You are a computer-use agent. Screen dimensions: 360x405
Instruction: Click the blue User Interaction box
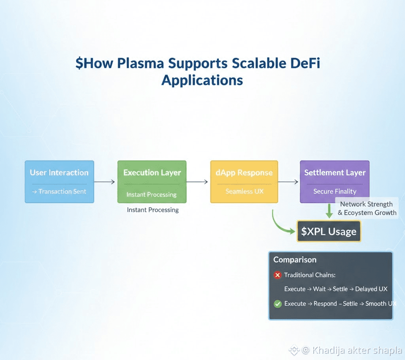click(59, 181)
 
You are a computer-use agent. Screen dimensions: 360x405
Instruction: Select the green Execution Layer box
click(152, 181)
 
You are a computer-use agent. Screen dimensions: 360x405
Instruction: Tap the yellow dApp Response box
click(244, 181)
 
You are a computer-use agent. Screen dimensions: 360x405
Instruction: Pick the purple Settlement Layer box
click(335, 181)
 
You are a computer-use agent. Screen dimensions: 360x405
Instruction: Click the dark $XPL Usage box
click(329, 232)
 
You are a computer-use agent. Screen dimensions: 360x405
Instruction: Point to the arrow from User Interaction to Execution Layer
click(105, 182)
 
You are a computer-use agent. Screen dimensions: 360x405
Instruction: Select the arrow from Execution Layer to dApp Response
click(197, 182)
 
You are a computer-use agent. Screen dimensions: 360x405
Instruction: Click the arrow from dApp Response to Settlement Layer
click(289, 182)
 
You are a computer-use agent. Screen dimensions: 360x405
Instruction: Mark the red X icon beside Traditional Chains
click(277, 275)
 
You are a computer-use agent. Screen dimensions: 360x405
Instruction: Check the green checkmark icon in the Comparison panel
click(277, 304)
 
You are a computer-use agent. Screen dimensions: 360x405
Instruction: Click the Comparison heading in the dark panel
click(295, 260)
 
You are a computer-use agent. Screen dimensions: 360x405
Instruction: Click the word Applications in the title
click(202, 80)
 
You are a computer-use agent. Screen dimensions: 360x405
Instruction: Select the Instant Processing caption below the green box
click(153, 210)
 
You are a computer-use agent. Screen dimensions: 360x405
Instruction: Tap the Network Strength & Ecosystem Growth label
click(367, 208)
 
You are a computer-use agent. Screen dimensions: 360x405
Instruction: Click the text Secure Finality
click(335, 191)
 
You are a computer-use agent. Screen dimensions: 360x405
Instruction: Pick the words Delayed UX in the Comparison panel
click(371, 289)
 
